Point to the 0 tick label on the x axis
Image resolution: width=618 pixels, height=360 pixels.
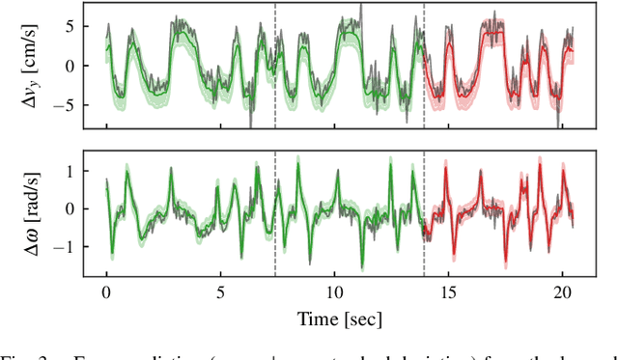[106, 291]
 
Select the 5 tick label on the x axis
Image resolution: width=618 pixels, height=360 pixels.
[220, 291]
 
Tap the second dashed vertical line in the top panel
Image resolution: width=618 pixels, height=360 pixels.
[424, 39]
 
